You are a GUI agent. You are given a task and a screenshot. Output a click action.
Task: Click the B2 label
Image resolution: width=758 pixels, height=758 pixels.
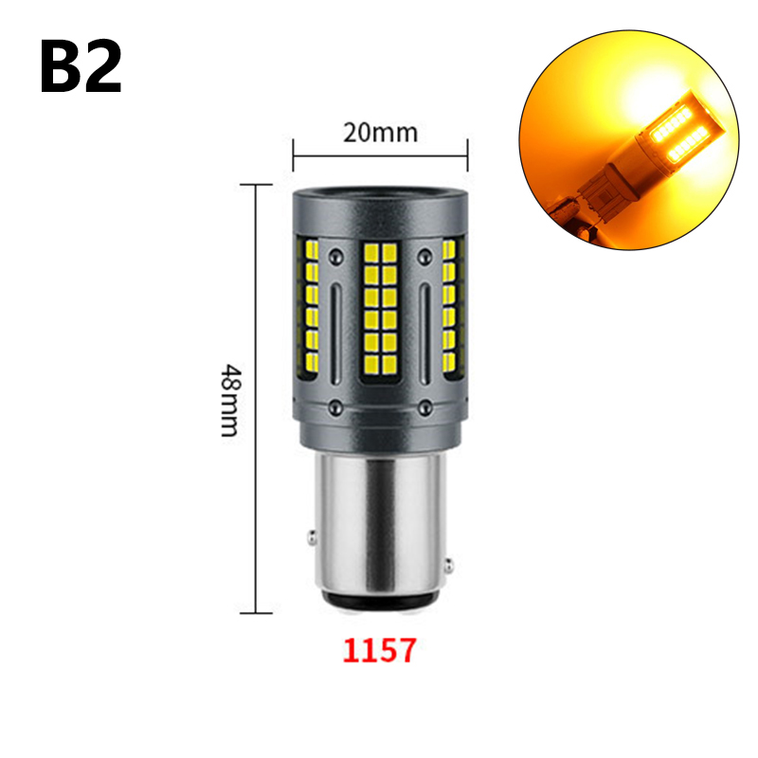pyautogui.click(x=81, y=66)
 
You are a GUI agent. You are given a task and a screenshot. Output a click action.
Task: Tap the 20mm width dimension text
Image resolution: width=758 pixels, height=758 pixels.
pyautogui.click(x=381, y=133)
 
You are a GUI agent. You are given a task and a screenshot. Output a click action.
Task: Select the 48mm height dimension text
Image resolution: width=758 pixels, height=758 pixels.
pyautogui.click(x=230, y=400)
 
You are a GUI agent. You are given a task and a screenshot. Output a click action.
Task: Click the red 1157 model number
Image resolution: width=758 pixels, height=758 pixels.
pyautogui.click(x=380, y=650)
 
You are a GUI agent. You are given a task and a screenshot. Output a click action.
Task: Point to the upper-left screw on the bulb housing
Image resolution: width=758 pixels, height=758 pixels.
pyautogui.click(x=335, y=256)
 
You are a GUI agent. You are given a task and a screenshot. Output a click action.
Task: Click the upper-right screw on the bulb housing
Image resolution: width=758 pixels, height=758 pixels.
pyautogui.click(x=424, y=256)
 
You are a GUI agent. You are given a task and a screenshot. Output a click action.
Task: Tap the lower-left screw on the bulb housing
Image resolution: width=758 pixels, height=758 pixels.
pyautogui.click(x=335, y=406)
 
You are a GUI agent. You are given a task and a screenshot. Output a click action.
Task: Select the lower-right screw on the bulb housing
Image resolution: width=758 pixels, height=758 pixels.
pyautogui.click(x=424, y=406)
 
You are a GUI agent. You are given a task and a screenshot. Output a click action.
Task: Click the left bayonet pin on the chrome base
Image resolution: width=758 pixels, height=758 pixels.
pyautogui.click(x=313, y=537)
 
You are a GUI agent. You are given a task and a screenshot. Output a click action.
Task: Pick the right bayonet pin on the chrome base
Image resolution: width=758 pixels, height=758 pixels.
pyautogui.click(x=449, y=565)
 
